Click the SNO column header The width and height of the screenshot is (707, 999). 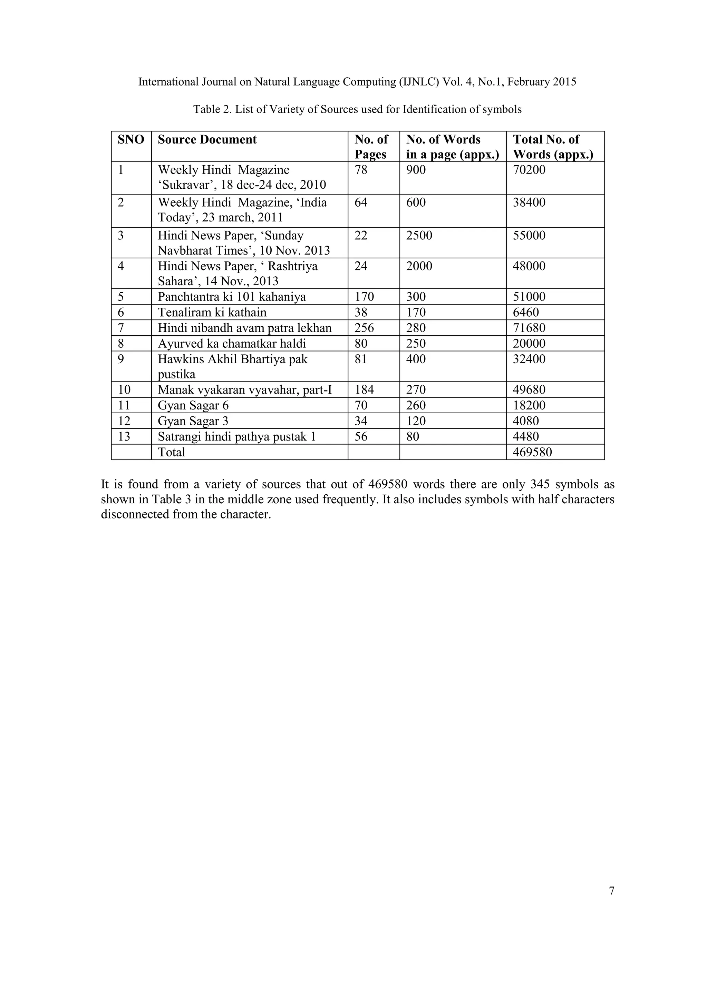pos(130,140)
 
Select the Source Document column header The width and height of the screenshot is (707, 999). pos(207,140)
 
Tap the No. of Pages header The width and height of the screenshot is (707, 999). pos(371,147)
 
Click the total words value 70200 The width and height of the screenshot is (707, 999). pos(529,170)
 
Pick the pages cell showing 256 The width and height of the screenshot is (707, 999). pos(364,328)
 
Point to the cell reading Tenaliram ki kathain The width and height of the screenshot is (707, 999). pos(212,313)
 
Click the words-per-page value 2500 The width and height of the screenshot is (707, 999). pos(419,236)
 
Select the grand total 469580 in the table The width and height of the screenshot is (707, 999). pos(532,452)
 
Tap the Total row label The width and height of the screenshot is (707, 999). pos(171,452)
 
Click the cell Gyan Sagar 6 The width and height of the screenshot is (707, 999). pos(193,406)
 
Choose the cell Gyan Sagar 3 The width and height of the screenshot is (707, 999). pos(193,421)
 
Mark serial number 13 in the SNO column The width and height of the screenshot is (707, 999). pos(124,436)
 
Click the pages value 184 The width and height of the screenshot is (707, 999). pos(364,390)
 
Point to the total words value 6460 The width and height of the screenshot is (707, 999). pos(525,313)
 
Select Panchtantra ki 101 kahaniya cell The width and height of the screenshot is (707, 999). pos(232,297)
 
